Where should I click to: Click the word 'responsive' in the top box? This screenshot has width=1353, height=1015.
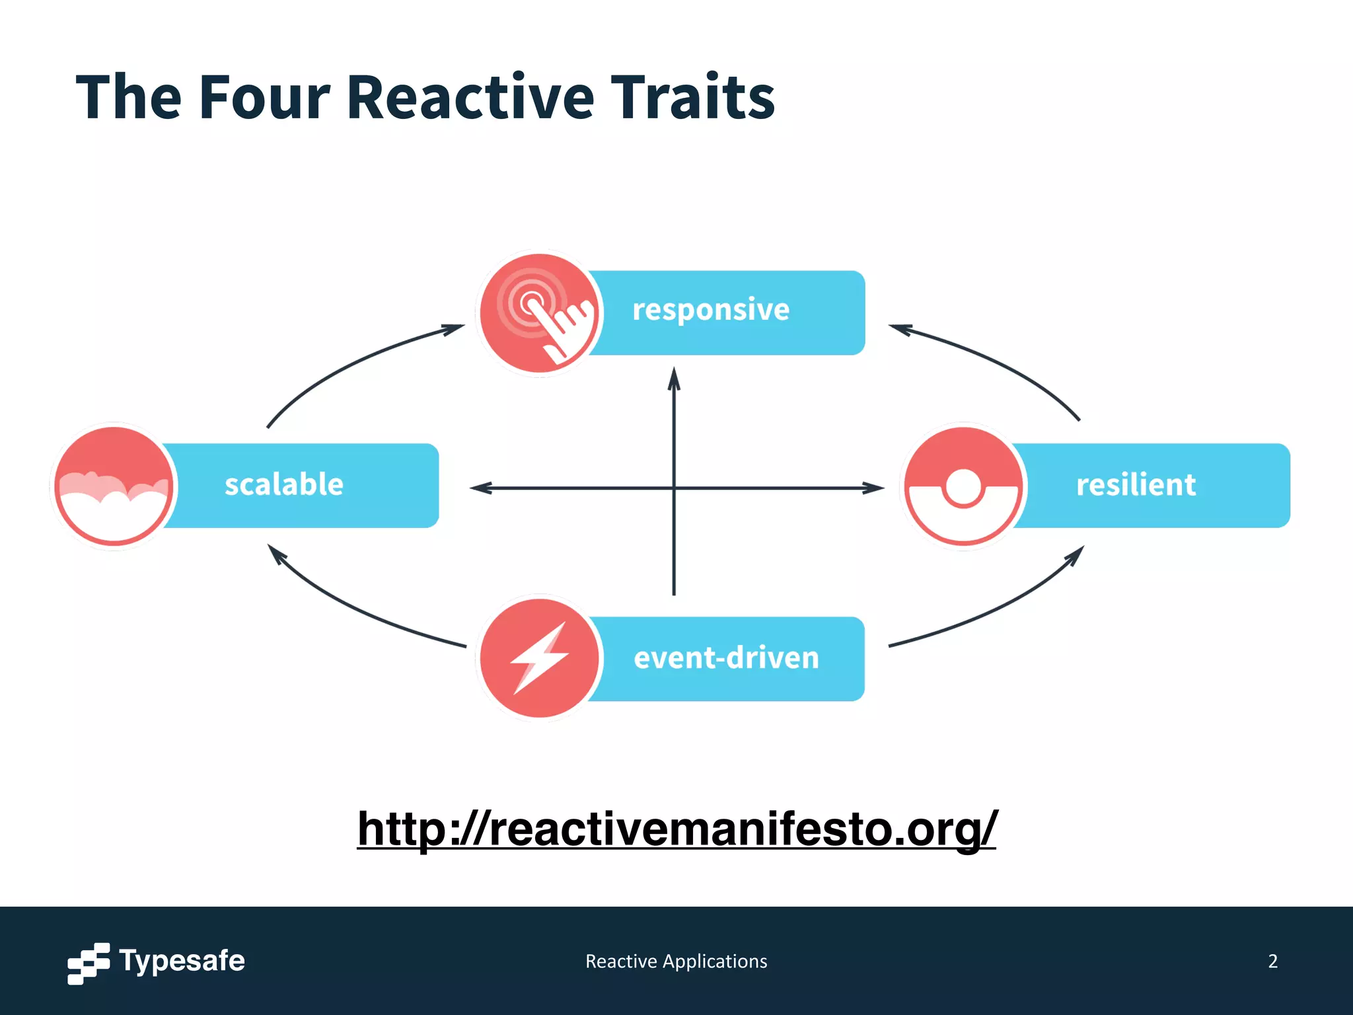(x=711, y=310)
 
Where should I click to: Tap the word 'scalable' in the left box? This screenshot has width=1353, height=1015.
(x=284, y=484)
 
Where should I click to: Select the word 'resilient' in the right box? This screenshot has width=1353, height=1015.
(x=1136, y=484)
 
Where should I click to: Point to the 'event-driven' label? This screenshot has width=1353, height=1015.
(x=726, y=658)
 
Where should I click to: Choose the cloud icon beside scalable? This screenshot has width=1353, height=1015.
(x=114, y=486)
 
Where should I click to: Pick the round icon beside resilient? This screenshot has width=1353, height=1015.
(x=964, y=486)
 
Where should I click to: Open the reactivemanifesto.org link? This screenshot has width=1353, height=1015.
(x=676, y=829)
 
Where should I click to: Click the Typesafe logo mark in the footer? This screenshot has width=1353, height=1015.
(x=89, y=963)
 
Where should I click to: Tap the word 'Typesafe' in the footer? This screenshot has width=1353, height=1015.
(x=182, y=961)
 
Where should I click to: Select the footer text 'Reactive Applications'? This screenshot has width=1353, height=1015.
(x=676, y=961)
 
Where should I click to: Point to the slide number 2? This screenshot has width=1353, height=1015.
(x=1272, y=961)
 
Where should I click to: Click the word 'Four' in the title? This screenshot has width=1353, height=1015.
(x=264, y=98)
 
